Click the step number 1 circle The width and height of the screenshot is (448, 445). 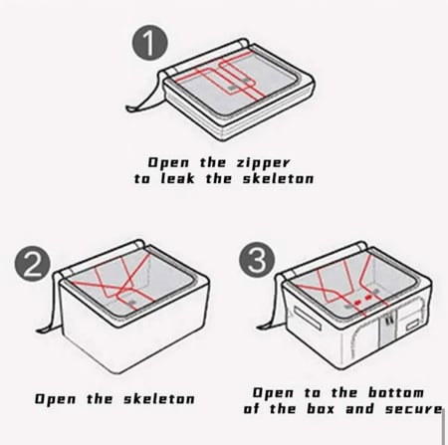150,43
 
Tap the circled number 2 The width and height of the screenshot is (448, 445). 32,264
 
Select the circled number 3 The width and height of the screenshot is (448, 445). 257,260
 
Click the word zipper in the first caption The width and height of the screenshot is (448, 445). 263,163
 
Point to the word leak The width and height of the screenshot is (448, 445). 177,178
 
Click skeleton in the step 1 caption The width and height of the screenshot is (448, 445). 278,178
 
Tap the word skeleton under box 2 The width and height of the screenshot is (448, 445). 159,398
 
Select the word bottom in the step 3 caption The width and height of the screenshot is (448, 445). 396,392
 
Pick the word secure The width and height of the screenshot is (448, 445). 413,408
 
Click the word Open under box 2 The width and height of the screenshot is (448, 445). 56,399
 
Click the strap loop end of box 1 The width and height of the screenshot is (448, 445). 132,108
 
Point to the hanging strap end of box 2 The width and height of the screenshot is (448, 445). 44,330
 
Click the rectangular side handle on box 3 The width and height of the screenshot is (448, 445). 308,318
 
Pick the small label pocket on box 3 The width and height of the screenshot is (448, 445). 413,326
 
